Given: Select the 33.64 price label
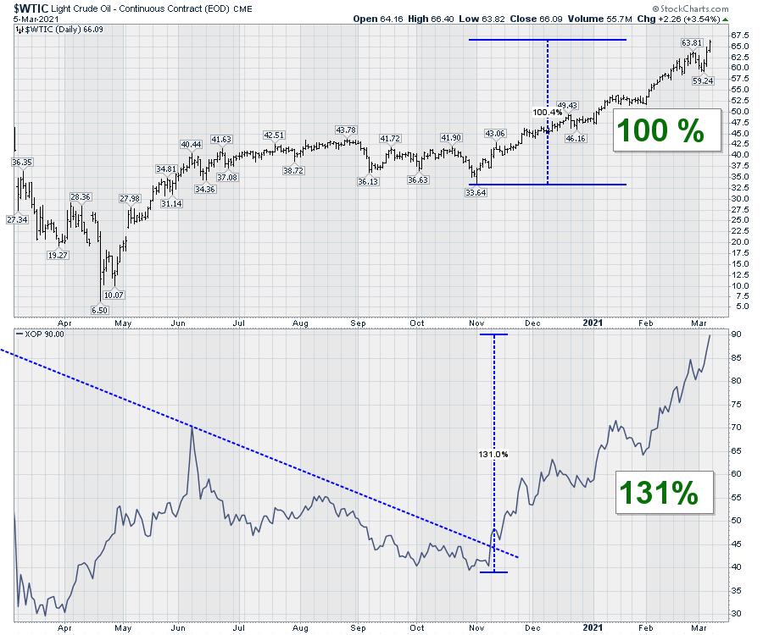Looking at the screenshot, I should [x=476, y=192].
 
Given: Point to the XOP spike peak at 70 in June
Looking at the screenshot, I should [x=192, y=428].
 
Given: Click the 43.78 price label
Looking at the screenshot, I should [x=346, y=130].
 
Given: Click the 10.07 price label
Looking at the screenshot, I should [x=113, y=295].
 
